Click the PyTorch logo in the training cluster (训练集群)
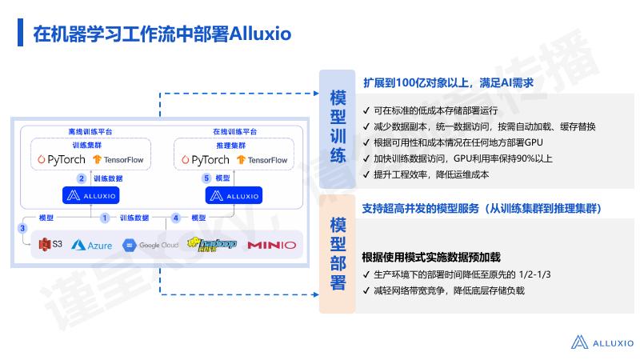(62, 160)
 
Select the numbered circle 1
(104, 218)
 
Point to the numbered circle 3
(22, 229)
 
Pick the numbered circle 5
(206, 178)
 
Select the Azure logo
(92, 245)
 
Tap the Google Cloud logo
(150, 245)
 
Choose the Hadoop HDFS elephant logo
(211, 244)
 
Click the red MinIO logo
(271, 245)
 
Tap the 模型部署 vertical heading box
(338, 252)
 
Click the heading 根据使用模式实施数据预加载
(431, 257)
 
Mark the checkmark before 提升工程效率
(366, 174)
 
